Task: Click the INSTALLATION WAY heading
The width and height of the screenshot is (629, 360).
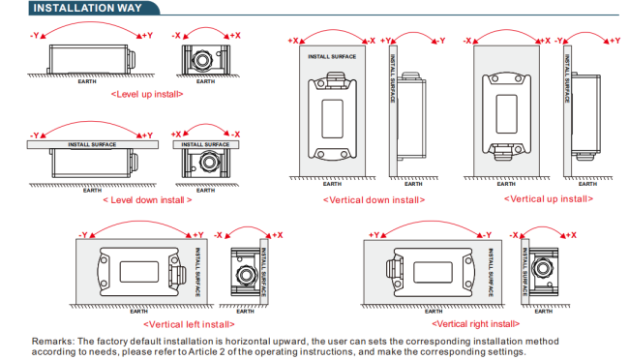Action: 87,8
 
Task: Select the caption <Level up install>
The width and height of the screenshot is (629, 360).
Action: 147,94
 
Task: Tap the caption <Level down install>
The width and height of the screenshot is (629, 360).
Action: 147,200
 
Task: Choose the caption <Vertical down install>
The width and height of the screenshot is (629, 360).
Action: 374,200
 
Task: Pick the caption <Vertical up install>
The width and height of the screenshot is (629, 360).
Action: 549,199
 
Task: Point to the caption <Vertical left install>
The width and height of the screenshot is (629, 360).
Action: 189,324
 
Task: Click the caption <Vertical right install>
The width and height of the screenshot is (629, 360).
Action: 475,324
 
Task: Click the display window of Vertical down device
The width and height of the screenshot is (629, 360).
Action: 332,119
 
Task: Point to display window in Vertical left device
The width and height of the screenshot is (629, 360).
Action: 139,272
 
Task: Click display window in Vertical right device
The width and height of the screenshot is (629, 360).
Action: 433,272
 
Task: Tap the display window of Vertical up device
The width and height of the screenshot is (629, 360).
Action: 506,114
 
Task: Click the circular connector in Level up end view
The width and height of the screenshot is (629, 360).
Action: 202,60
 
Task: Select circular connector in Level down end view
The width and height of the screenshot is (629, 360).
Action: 208,163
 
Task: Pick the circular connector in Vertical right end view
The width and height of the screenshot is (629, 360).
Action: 542,268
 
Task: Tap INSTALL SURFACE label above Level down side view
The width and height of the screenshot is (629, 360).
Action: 92,144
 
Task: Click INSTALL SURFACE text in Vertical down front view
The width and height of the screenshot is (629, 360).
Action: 332,56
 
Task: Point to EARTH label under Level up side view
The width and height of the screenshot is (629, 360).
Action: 87,81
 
